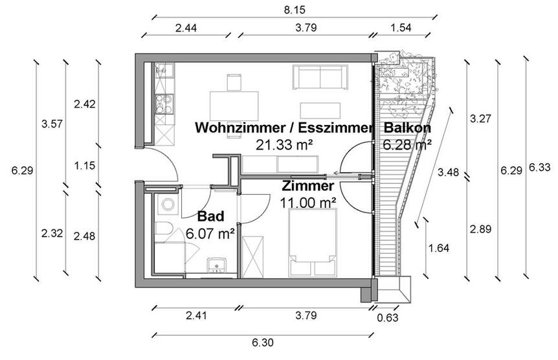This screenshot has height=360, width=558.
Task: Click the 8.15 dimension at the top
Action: click(295, 10)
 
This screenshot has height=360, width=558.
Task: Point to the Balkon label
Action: click(407, 128)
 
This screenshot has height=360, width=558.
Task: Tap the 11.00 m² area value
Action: click(307, 202)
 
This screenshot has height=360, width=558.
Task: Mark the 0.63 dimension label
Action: click(387, 317)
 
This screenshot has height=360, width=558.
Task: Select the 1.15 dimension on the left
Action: click(85, 166)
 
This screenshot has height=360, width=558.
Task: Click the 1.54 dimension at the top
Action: click(401, 28)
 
